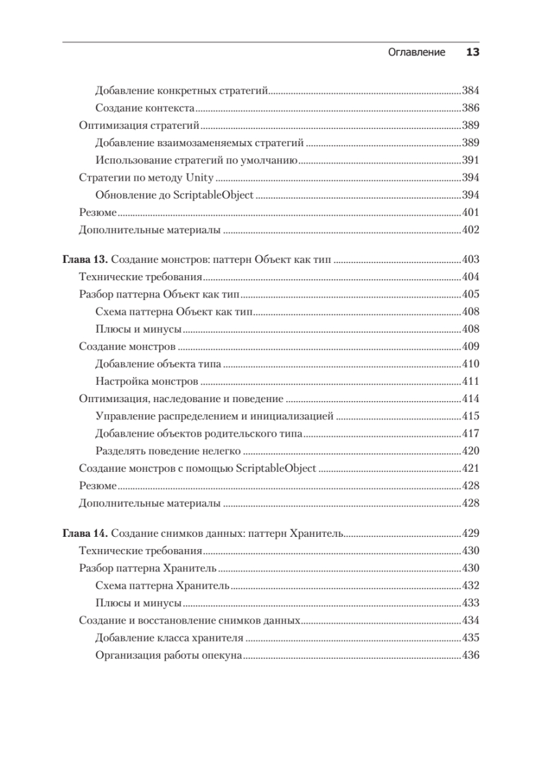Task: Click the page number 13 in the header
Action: pos(472,53)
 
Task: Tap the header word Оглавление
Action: pos(416,53)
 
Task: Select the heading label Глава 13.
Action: pos(86,260)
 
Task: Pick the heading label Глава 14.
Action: pos(86,533)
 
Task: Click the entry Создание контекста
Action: pos(145,108)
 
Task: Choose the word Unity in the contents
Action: pos(200,177)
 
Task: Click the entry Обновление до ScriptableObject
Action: pos(174,195)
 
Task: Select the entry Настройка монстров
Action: pos(146,382)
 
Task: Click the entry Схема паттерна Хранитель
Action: pos(162,585)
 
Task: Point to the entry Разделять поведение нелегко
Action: pos(162,451)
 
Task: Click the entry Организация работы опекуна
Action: pos(168,655)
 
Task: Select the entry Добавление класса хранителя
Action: pos(169,638)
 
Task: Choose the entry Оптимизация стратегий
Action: pos(139,125)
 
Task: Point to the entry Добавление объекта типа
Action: pos(158,364)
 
